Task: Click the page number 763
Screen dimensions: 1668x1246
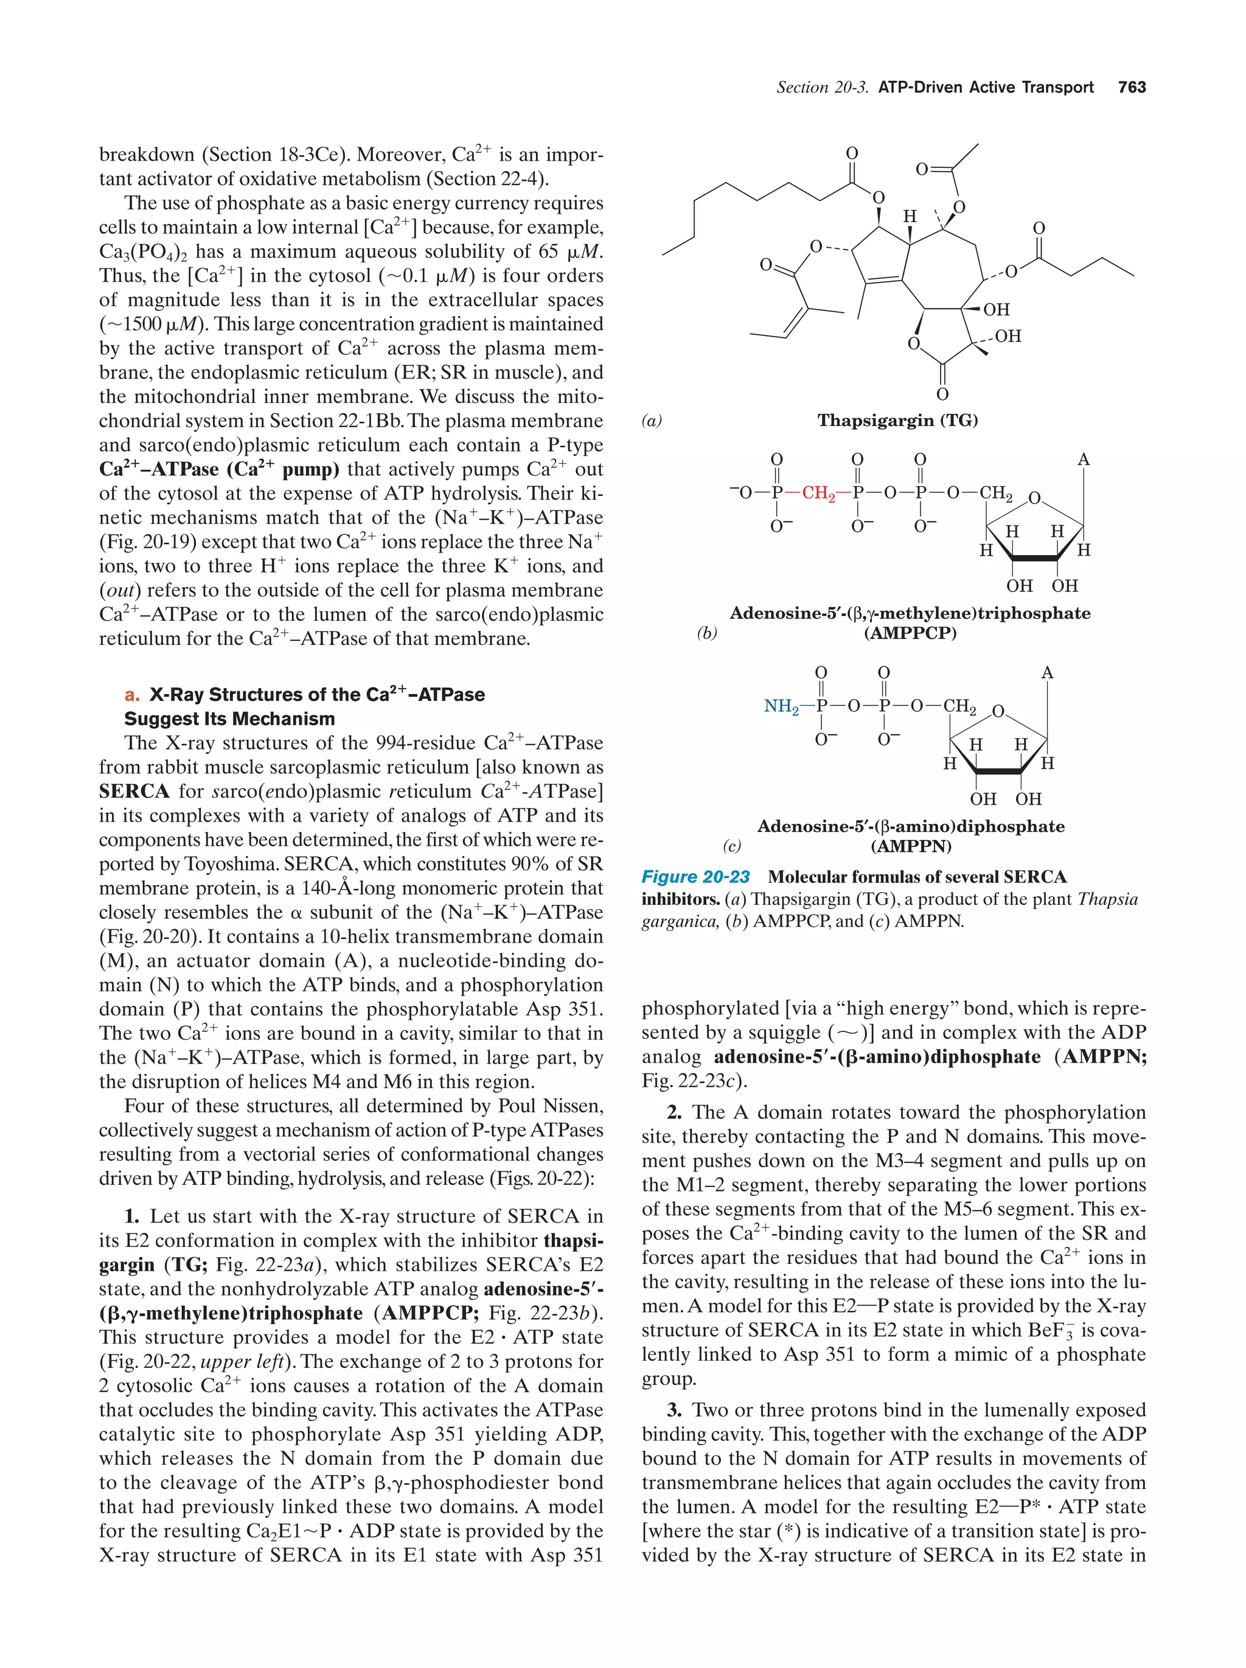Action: pyautogui.click(x=1132, y=88)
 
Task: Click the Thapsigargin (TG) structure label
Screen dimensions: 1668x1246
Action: pyautogui.click(x=897, y=420)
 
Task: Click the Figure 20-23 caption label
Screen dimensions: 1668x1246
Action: pyautogui.click(x=695, y=877)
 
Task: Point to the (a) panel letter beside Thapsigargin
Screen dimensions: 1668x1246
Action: pyautogui.click(x=651, y=420)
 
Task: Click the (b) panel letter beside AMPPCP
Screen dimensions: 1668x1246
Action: pyautogui.click(x=706, y=633)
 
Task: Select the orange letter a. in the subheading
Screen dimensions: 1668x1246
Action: pyautogui.click(x=132, y=694)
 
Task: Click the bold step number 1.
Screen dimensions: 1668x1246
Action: pyautogui.click(x=132, y=1216)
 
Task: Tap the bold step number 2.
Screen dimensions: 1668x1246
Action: pyautogui.click(x=674, y=1112)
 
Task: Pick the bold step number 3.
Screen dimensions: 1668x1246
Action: pyautogui.click(x=674, y=1410)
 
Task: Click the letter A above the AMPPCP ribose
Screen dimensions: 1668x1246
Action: pyautogui.click(x=1083, y=459)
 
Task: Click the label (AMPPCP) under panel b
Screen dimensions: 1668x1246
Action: pyautogui.click(x=910, y=633)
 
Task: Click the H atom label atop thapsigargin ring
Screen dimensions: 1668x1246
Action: pyautogui.click(x=909, y=217)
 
